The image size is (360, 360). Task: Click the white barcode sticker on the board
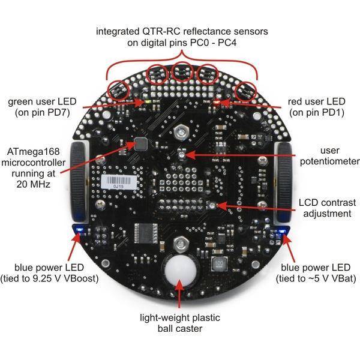pyautogui.click(x=118, y=180)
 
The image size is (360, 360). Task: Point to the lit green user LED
pyautogui.click(x=146, y=102)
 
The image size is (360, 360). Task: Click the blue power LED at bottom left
pyautogui.click(x=78, y=229)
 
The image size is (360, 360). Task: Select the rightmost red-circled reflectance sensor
pyautogui.click(x=246, y=89)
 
